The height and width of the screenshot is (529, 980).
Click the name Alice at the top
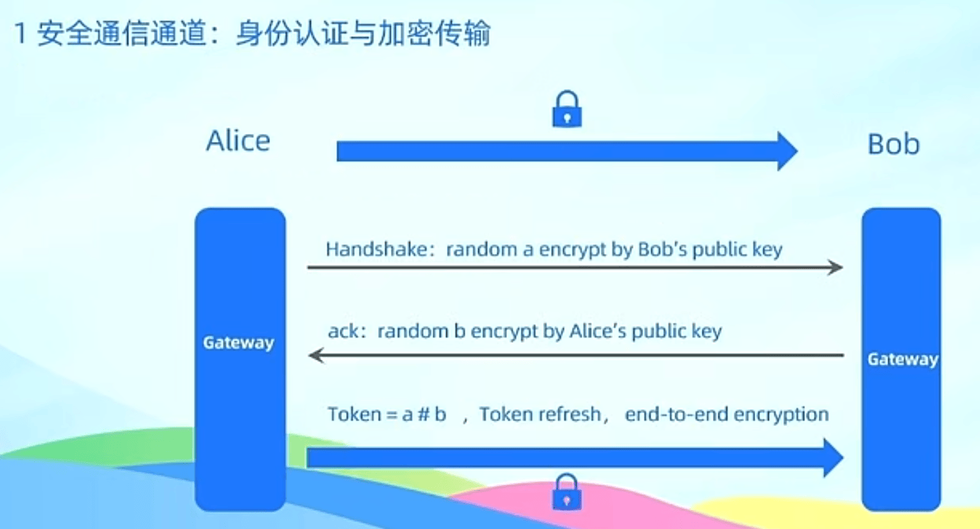pyautogui.click(x=239, y=141)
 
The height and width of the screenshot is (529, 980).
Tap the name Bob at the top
pyautogui.click(x=893, y=144)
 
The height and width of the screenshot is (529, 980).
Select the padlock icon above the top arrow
pyautogui.click(x=567, y=109)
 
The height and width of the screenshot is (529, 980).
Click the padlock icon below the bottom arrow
pyautogui.click(x=567, y=492)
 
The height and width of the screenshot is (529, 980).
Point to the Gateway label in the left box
pyautogui.click(x=239, y=343)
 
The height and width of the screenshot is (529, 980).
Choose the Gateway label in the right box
pyautogui.click(x=903, y=359)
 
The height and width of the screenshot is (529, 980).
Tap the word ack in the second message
pyautogui.click(x=344, y=331)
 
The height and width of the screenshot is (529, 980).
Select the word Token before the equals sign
pyautogui.click(x=355, y=414)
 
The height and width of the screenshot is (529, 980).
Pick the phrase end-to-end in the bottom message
pyautogui.click(x=677, y=414)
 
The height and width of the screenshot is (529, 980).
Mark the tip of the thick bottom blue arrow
pyautogui.click(x=843, y=457)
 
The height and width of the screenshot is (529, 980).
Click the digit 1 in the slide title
pyautogui.click(x=20, y=33)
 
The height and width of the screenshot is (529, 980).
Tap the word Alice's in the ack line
pyautogui.click(x=598, y=331)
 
